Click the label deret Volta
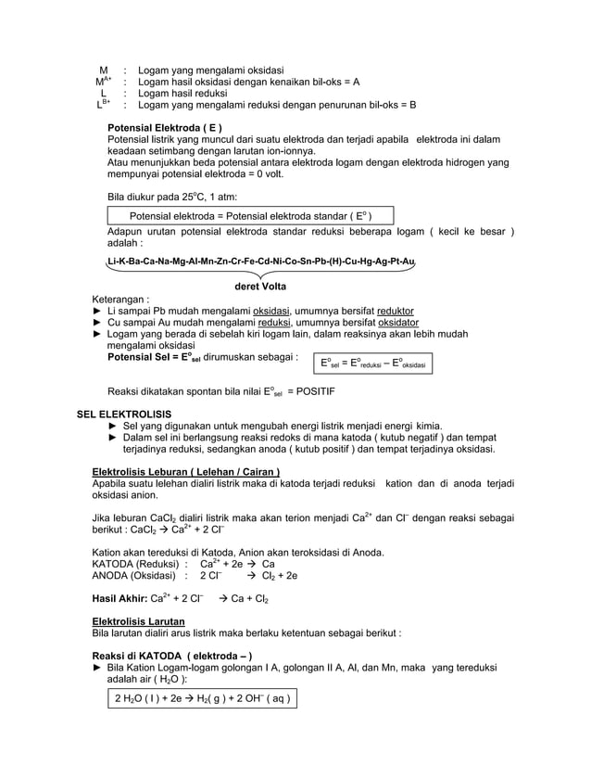point(260,287)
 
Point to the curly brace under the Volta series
point(261,274)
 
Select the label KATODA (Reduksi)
point(134,563)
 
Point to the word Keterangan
point(119,299)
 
